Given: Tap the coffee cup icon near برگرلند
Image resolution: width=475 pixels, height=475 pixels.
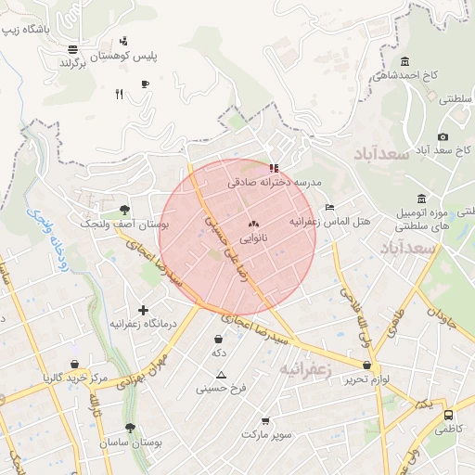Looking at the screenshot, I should tap(145, 84).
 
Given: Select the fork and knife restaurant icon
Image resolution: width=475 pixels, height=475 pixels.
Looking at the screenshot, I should tap(119, 93).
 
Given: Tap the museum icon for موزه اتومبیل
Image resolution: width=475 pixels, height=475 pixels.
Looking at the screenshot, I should tap(422, 198).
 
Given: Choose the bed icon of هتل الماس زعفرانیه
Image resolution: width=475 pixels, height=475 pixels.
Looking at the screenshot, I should tap(329, 207).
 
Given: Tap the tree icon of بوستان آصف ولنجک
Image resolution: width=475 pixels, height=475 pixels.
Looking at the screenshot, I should tap(125, 210).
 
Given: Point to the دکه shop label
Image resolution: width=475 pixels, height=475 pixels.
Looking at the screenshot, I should tap(218, 353).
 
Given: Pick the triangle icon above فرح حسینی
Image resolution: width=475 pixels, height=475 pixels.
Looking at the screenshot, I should tap(221, 375).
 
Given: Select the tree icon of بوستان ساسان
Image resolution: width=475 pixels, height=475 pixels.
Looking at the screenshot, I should tap(130, 429).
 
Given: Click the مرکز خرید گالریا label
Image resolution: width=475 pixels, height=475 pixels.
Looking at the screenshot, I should tap(74, 379).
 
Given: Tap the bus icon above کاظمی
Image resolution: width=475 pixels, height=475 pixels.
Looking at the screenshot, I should tap(449, 416).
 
